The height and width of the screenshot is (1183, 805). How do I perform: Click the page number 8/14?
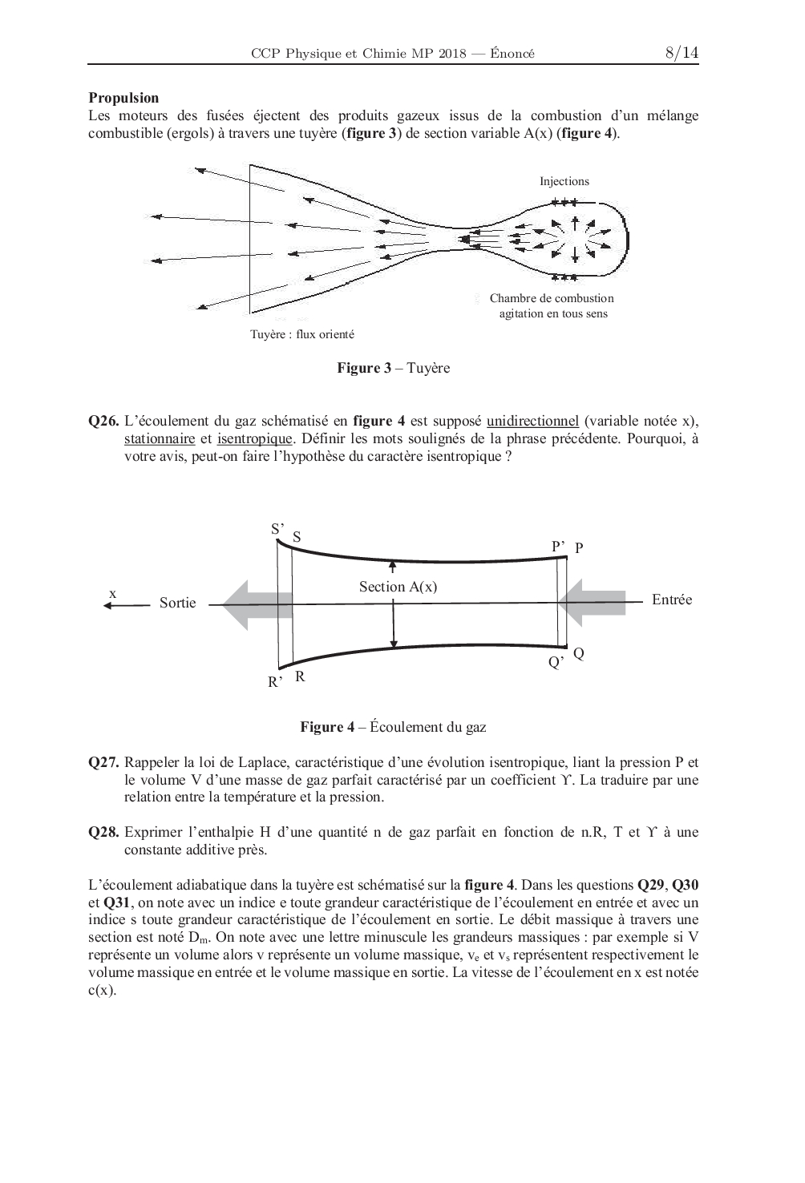[682, 53]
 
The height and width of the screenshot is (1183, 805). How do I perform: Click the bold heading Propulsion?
[123, 98]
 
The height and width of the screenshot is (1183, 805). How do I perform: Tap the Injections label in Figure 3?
[564, 181]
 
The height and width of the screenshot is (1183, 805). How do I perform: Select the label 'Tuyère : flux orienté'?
[301, 334]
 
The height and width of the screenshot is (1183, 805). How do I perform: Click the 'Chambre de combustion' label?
[552, 298]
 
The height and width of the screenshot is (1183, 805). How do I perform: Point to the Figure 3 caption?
[393, 368]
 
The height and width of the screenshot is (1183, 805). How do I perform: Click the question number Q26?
[103, 421]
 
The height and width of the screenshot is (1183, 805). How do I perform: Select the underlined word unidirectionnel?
[532, 421]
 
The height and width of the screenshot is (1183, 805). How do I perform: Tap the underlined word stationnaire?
[160, 438]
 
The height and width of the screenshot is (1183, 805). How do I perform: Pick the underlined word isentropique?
[254, 438]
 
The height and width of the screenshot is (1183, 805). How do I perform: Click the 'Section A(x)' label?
[398, 587]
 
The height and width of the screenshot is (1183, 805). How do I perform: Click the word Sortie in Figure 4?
[177, 603]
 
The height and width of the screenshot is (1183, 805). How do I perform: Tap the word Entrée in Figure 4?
[671, 600]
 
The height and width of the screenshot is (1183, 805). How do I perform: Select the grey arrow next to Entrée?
[593, 601]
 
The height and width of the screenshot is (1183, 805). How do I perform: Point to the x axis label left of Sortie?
[113, 593]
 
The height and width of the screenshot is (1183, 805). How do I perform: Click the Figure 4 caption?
[393, 727]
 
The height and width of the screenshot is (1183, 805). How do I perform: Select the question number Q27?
[103, 762]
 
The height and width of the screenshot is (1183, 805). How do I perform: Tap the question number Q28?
[103, 832]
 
